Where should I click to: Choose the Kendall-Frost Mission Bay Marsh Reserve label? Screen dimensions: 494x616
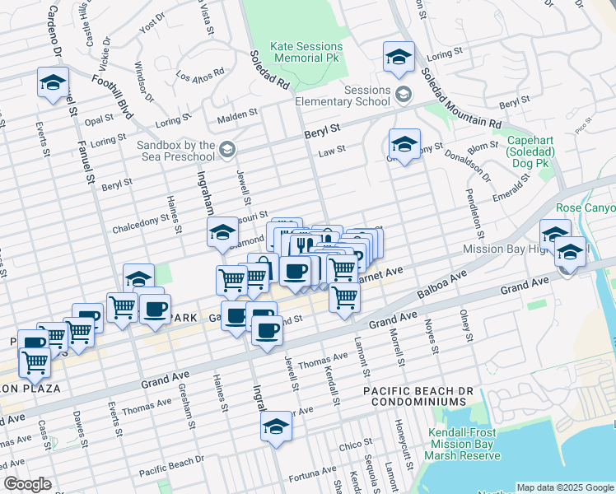(x=464, y=445)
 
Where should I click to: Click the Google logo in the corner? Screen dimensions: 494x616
(x=28, y=484)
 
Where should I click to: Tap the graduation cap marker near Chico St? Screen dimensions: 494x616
(x=276, y=427)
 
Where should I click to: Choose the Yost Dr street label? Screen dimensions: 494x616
(x=152, y=26)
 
